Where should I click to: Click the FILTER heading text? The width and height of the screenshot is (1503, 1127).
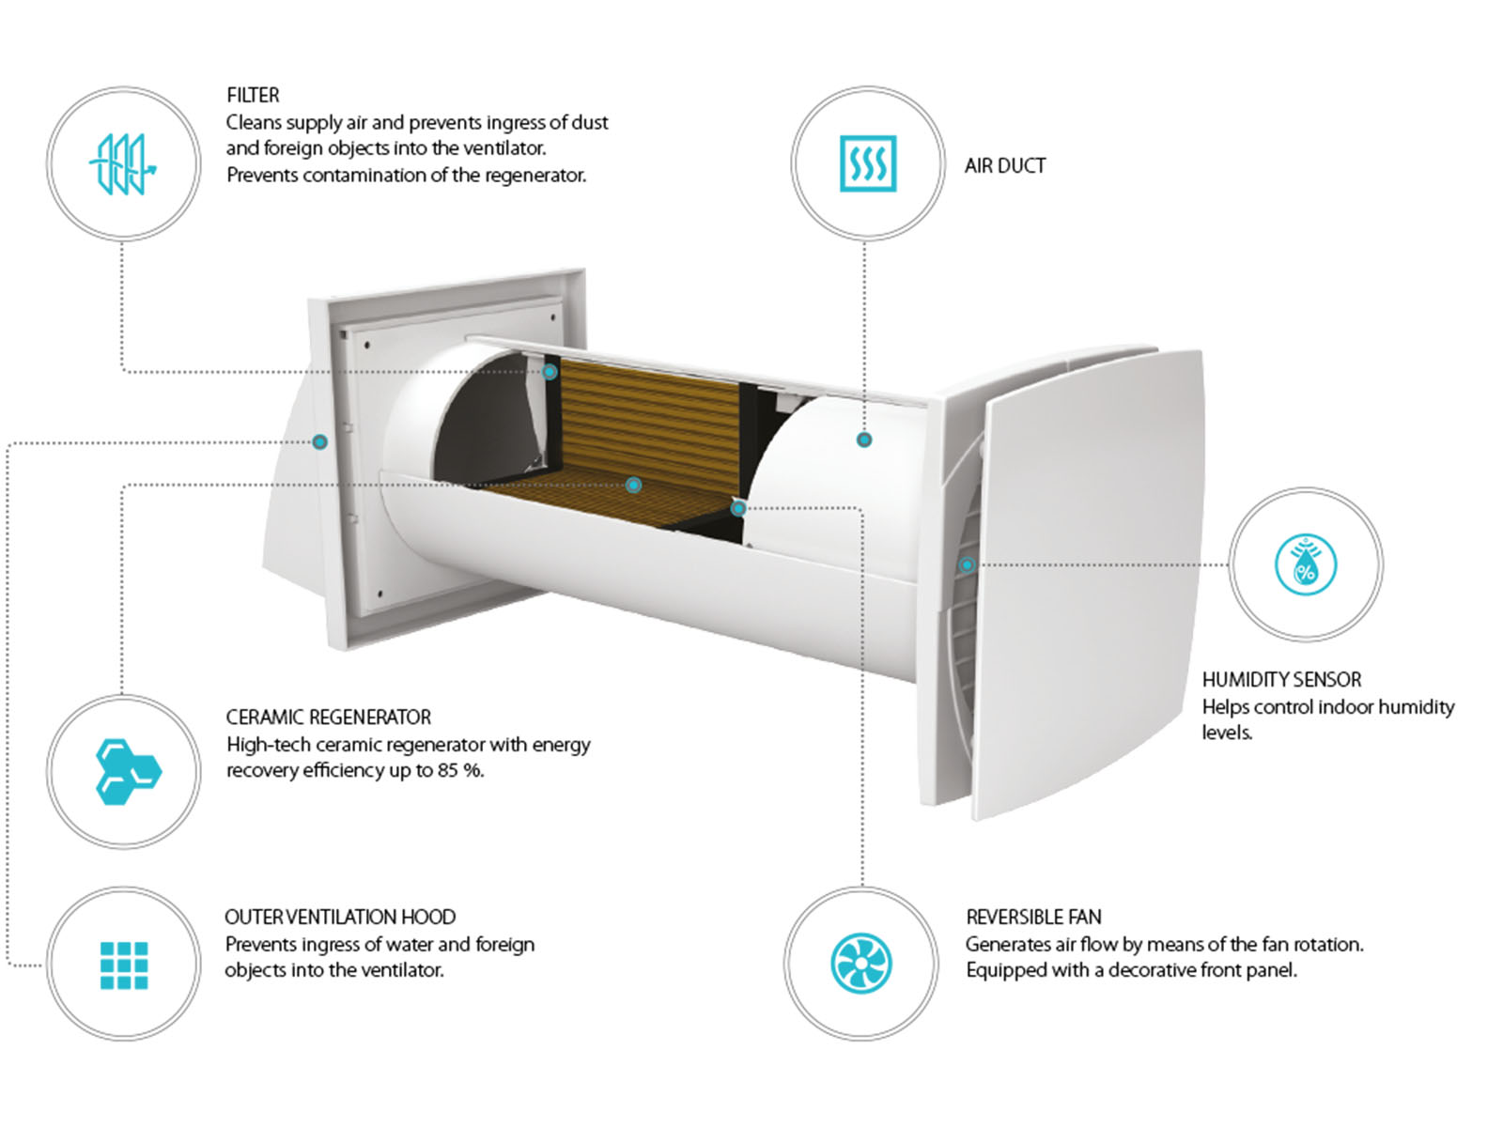tap(253, 95)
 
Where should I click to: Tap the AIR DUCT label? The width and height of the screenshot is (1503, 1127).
tap(1004, 166)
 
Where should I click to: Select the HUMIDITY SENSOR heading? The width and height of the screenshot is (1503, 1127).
tap(1281, 679)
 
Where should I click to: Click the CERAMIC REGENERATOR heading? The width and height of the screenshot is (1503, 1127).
tap(329, 718)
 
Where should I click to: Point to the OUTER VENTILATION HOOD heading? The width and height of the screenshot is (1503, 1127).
tap(340, 917)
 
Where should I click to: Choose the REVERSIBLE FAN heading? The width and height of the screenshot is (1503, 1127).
tap(1034, 917)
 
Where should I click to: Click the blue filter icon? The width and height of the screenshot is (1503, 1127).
tap(123, 164)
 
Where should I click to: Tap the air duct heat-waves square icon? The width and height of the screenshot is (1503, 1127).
tap(868, 163)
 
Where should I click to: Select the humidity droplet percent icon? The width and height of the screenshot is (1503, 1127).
tap(1305, 564)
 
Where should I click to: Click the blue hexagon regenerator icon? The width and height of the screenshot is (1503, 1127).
tap(128, 771)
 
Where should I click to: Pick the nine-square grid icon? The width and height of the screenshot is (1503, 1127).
tap(124, 965)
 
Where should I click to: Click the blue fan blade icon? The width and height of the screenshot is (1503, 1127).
tap(860, 964)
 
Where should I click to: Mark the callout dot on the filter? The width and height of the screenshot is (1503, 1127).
tap(550, 372)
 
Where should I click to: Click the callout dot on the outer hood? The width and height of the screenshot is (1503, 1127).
tap(319, 442)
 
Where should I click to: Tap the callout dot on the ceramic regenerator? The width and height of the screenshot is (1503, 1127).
tap(633, 486)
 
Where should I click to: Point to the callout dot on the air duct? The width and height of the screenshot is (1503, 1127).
tap(864, 440)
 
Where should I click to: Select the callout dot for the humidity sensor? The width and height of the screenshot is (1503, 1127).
tap(967, 565)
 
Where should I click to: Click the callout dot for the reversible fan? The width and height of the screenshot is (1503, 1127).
tap(738, 508)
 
